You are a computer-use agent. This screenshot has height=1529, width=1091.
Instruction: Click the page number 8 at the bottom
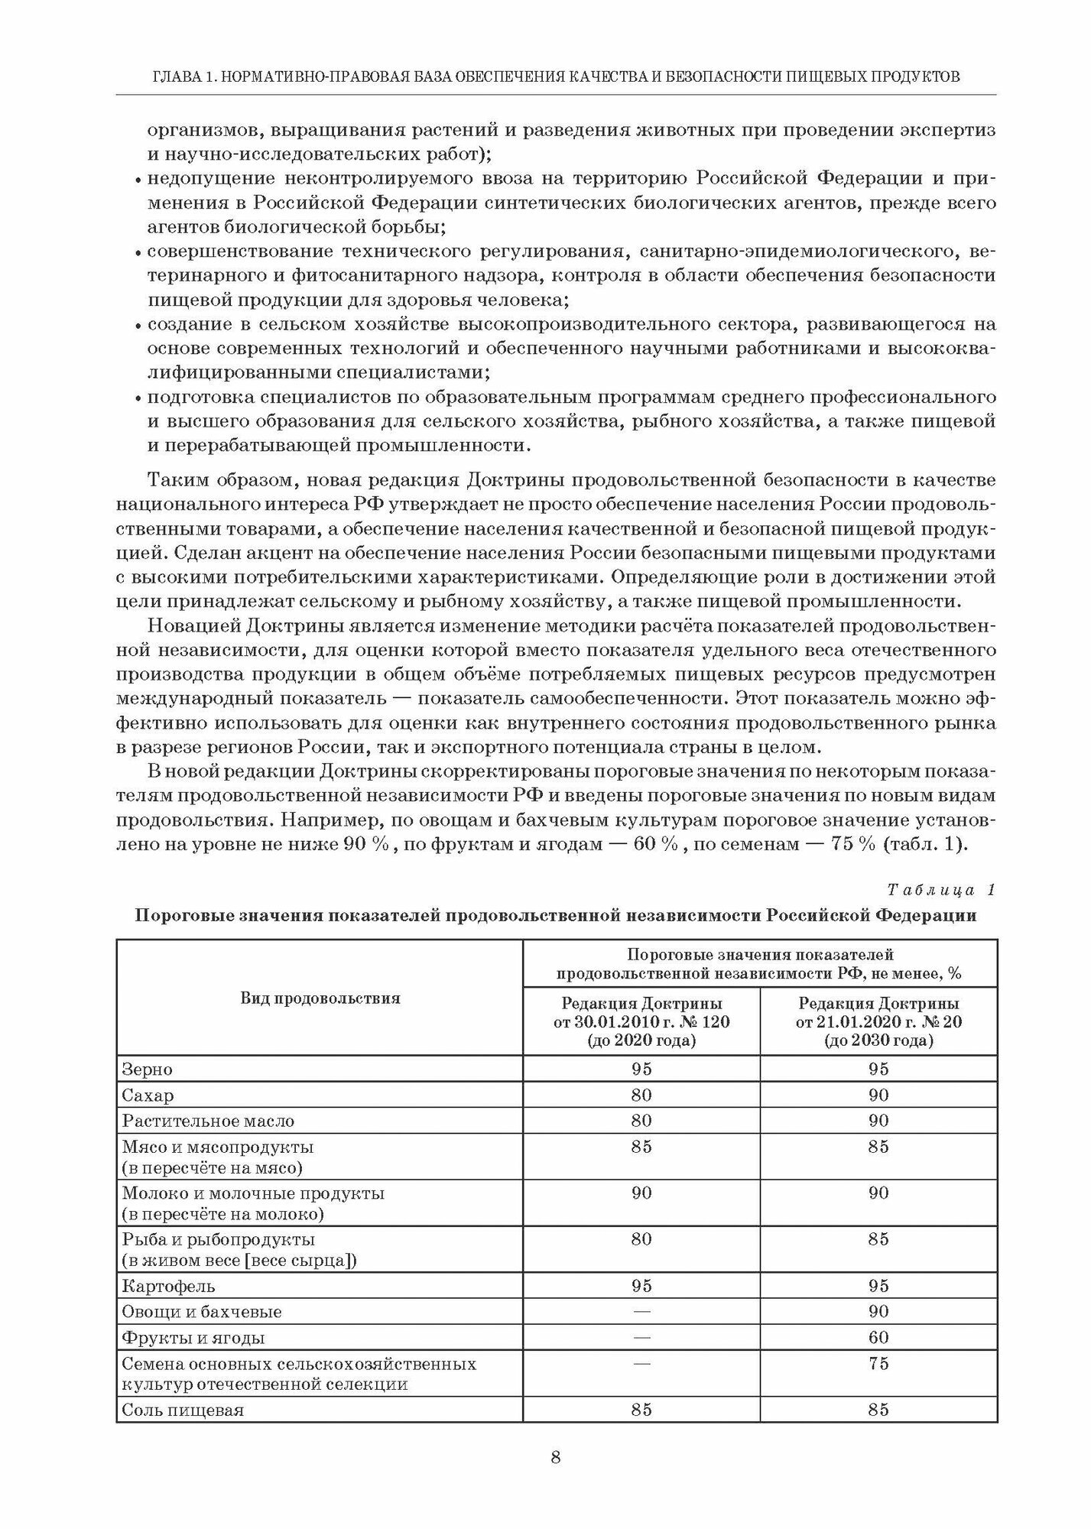pos(556,1457)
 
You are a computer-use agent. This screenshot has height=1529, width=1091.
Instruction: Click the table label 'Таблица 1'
pos(941,890)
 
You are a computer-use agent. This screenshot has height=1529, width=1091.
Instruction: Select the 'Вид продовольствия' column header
pos(320,998)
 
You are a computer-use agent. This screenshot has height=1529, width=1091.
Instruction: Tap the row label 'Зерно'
pos(148,1069)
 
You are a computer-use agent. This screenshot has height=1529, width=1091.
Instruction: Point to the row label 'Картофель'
pos(168,1286)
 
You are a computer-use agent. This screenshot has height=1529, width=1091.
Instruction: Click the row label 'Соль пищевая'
pos(183,1410)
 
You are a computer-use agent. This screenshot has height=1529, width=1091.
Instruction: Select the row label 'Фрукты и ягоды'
pos(193,1338)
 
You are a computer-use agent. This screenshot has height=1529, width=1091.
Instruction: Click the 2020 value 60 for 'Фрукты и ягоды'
pos(878,1337)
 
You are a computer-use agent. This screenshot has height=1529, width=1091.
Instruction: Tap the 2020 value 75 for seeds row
pos(878,1363)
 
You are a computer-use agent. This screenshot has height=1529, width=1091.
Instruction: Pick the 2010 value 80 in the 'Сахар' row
pos(641,1095)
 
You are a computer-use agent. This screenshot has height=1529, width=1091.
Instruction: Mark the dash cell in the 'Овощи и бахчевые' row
pos(641,1312)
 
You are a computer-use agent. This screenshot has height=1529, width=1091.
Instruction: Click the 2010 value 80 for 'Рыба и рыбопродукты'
pos(641,1238)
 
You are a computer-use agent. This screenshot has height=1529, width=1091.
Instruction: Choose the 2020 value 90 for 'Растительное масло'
pos(878,1121)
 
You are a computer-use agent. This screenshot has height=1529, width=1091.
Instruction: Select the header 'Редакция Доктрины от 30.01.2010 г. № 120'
pos(641,1021)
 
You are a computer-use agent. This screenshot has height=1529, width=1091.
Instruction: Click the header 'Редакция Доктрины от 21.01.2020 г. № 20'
pos(878,1021)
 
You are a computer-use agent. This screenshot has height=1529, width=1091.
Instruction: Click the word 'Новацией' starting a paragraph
pos(193,626)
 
